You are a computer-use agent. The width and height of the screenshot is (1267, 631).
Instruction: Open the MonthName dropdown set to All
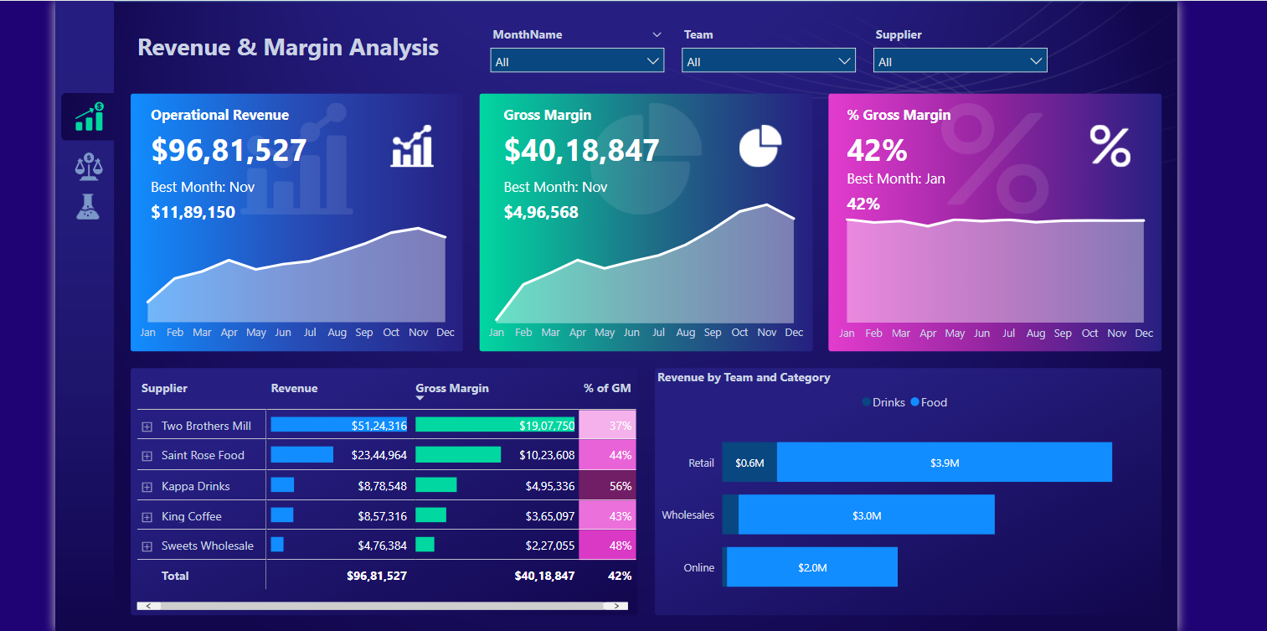pos(577,61)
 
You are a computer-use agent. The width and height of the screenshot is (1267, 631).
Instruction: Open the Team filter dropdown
pos(768,61)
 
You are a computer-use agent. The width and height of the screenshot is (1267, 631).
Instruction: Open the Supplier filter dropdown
pos(960,61)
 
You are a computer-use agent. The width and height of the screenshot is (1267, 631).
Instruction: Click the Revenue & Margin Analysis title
pos(287,47)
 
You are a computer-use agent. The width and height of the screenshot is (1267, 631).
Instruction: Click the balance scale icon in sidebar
pos(88,167)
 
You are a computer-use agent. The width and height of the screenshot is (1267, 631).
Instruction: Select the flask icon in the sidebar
pos(88,207)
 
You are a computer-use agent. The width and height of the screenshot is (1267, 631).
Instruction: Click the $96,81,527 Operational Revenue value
pos(229,150)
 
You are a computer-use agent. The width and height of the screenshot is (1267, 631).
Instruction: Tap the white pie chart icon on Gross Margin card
pos(760,146)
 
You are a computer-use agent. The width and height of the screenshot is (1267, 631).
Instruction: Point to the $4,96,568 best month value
pos(541,212)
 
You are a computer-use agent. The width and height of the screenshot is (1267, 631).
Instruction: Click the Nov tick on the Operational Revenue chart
pos(418,333)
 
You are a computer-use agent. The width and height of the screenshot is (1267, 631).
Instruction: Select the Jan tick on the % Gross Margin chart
pos(847,334)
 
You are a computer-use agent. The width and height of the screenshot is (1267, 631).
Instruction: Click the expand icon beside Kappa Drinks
pos(147,487)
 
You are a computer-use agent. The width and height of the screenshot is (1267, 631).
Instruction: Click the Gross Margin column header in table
pos(451,388)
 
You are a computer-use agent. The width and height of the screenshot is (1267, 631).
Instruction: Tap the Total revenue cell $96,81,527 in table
pos(376,576)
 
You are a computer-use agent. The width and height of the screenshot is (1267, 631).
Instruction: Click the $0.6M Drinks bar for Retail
pos(749,463)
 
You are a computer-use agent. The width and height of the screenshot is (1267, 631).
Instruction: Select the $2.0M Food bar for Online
pos(811,567)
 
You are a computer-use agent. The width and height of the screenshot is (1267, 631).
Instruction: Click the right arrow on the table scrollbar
pos(616,605)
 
